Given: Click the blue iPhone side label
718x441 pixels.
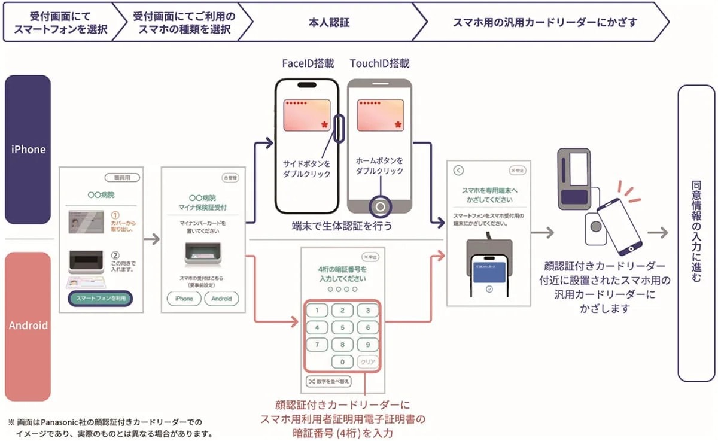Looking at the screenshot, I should point(28,149).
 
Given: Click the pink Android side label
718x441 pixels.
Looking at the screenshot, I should point(28,326).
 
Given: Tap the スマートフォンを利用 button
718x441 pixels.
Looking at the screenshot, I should point(101,299).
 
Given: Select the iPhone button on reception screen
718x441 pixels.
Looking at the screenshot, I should point(184,299).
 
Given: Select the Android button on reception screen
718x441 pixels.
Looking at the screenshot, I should point(221,299).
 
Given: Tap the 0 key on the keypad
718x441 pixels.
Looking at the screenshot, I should point(342,362).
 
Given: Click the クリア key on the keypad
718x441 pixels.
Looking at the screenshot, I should point(367,362).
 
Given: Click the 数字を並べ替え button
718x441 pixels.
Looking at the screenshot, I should point(328,381).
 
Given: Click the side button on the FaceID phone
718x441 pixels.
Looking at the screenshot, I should point(339,128).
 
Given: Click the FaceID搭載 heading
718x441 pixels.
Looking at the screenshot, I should point(308,63).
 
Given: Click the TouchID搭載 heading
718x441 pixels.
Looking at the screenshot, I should point(380,63).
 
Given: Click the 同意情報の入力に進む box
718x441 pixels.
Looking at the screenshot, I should point(696,233).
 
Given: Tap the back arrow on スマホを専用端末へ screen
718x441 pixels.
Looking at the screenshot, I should point(459,170).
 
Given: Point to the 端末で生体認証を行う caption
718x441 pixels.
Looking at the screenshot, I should point(342,226).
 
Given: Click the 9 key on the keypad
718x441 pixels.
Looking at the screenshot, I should point(367,345).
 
